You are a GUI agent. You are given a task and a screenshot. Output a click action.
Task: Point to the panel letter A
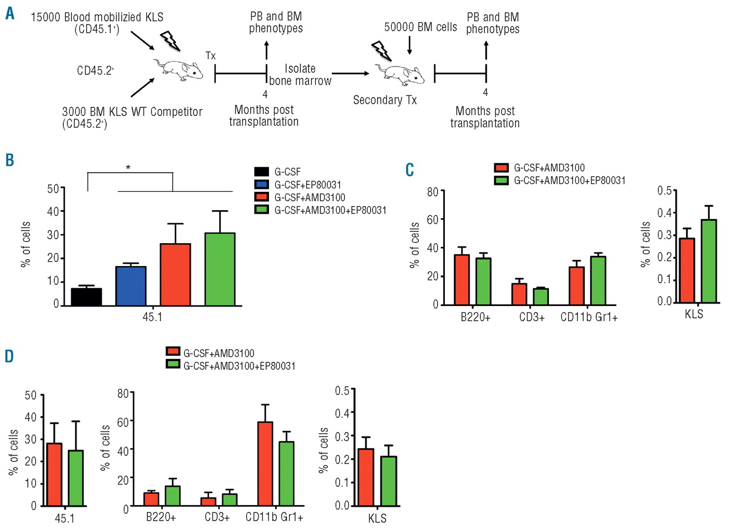click(10, 13)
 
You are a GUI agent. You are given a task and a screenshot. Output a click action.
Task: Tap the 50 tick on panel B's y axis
click(52, 188)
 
